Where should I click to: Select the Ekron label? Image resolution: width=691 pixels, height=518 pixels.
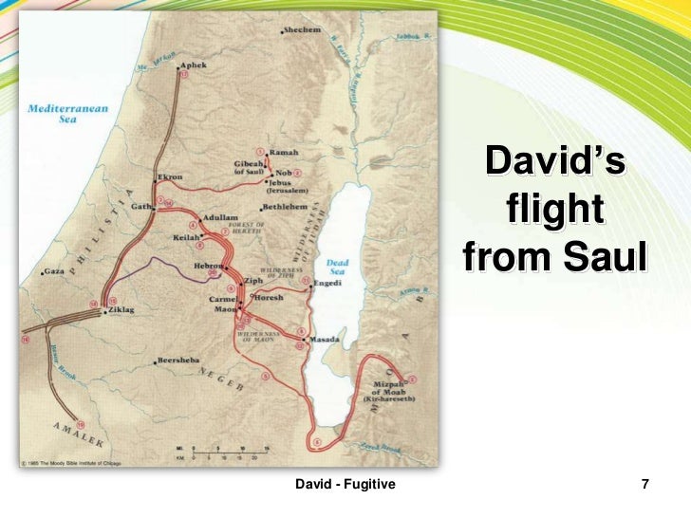click(170, 176)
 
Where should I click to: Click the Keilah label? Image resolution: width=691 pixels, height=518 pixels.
click(185, 237)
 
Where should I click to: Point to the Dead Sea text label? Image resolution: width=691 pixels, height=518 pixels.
click(337, 268)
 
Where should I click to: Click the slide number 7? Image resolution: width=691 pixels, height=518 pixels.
click(645, 485)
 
